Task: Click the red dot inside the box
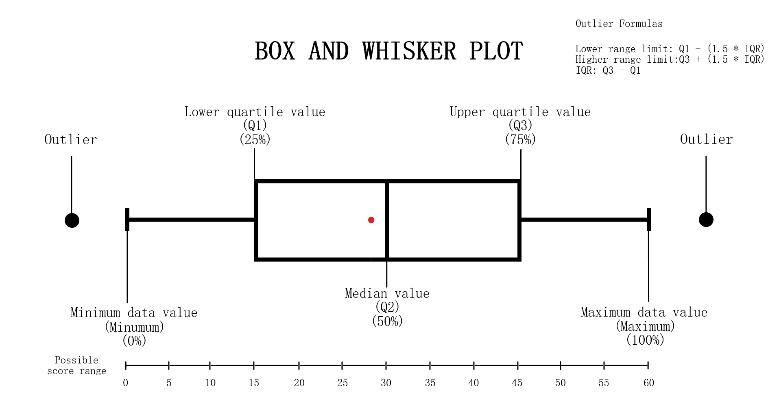pos(371,220)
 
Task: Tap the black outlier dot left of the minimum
pos(72,220)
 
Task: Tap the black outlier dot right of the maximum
pos(706,220)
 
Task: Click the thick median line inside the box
pos(386,220)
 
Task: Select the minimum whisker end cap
pos(127,220)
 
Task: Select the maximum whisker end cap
pos(648,220)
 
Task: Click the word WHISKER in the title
pos(409,51)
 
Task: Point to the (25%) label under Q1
pos(255,139)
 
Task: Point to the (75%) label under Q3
pos(520,139)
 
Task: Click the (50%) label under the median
pos(387,321)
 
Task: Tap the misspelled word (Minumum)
pos(134,327)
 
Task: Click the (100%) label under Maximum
pos(645,339)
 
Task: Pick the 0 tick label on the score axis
pos(126,383)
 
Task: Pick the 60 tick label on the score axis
pos(648,383)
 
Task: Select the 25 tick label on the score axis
pos(342,383)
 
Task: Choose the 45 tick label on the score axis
pos(517,383)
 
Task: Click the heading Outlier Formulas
pos(619,24)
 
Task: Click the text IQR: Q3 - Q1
pos(608,70)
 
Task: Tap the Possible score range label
pos(76,365)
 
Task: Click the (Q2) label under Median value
pos(387,306)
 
